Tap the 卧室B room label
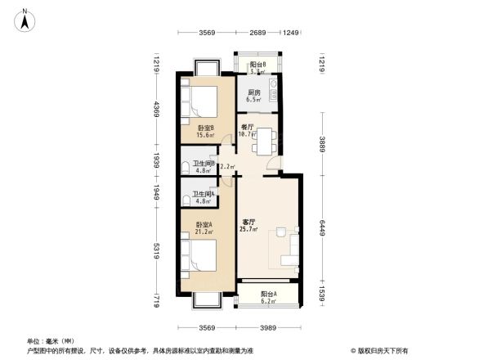coord(206,128)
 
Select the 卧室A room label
coord(204,224)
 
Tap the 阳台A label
coord(268,295)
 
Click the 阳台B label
coord(258,65)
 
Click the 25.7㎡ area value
coord(250,230)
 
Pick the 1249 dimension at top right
coord(290,33)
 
